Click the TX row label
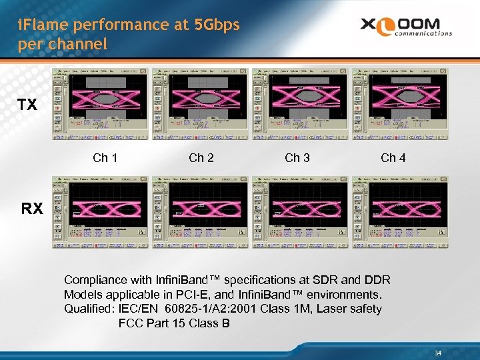[27, 105]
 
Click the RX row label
[32, 209]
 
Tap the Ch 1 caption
[105, 158]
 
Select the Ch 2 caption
[201, 158]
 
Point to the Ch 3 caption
[297, 158]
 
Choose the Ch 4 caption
[393, 158]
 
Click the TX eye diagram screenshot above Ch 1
[101, 104]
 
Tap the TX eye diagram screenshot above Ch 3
[298, 104]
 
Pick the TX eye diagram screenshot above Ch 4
[398, 104]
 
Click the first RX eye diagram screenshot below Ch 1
[101, 209]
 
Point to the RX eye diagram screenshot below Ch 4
[398, 209]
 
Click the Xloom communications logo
[406, 27]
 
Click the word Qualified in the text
[89, 309]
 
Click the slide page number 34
[438, 353]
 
